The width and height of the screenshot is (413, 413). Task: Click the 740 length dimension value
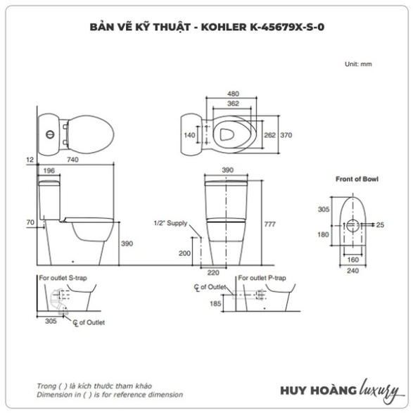tap(72, 160)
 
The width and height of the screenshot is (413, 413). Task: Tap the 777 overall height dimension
tap(270, 224)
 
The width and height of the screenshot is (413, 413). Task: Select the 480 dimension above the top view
tap(233, 94)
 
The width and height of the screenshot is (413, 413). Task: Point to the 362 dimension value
tap(233, 103)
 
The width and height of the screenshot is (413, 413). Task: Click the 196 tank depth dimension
tap(49, 171)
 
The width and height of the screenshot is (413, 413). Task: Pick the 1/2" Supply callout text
tap(170, 223)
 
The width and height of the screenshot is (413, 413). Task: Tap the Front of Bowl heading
tap(357, 179)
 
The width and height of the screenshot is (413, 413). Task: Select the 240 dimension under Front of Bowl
tap(353, 271)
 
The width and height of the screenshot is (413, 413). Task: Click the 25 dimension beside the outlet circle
tap(380, 225)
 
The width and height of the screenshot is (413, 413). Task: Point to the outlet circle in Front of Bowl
tap(352, 225)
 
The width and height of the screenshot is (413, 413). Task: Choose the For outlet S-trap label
tap(63, 278)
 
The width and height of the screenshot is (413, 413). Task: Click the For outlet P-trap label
tap(262, 278)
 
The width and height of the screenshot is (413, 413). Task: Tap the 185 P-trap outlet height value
tap(215, 304)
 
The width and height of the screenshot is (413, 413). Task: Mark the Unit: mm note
tap(358, 64)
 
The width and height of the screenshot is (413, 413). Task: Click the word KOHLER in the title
tap(224, 27)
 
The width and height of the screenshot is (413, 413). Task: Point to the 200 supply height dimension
tap(184, 253)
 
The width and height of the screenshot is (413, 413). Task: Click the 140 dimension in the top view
tap(189, 135)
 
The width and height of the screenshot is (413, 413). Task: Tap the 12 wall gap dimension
tap(30, 160)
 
